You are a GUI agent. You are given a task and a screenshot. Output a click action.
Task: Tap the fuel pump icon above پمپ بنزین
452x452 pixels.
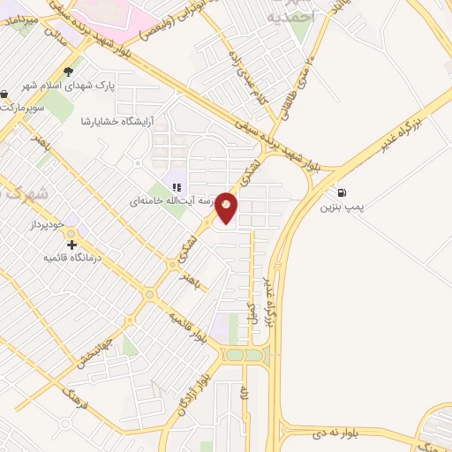pos(341,192)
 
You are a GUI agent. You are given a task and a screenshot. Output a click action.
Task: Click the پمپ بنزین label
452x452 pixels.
pos(341,207)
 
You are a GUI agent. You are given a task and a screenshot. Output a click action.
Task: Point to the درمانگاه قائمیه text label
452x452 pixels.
pos(73,258)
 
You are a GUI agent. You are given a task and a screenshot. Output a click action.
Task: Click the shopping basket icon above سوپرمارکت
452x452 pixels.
pos(4,94)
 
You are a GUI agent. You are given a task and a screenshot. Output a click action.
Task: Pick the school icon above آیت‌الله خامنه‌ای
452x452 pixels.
pos(177,187)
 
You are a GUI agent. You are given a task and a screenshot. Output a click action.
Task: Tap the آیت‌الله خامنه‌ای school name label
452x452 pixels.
pos(171,201)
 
